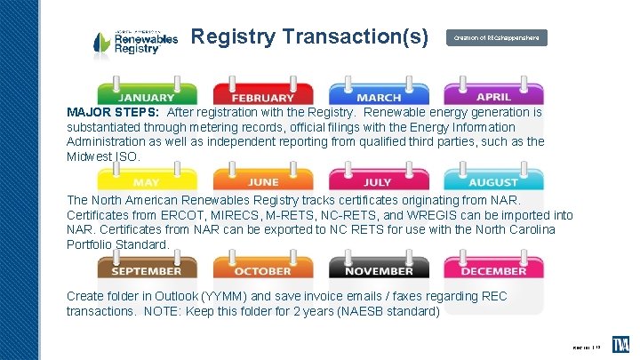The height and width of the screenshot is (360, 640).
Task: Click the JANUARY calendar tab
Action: [x=147, y=96]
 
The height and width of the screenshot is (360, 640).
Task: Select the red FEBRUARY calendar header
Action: [x=263, y=96]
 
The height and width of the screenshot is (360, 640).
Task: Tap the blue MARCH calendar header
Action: [x=379, y=96]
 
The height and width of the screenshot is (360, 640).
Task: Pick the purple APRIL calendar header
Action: [x=493, y=95]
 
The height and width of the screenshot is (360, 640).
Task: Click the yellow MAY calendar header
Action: [x=147, y=181]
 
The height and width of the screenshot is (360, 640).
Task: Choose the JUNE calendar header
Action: [x=263, y=181]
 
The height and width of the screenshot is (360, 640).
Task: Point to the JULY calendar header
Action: [x=379, y=181]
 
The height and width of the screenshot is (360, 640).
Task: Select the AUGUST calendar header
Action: [x=493, y=181]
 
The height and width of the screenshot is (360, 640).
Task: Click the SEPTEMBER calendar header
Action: [x=147, y=269]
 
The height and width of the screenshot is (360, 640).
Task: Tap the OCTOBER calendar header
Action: [x=263, y=269]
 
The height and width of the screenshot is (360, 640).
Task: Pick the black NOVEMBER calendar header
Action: [x=379, y=269]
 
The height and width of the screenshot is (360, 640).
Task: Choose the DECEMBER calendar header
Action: [x=493, y=269]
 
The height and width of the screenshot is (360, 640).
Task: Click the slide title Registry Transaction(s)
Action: [x=310, y=37]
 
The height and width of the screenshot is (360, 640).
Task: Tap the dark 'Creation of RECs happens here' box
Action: [x=496, y=38]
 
